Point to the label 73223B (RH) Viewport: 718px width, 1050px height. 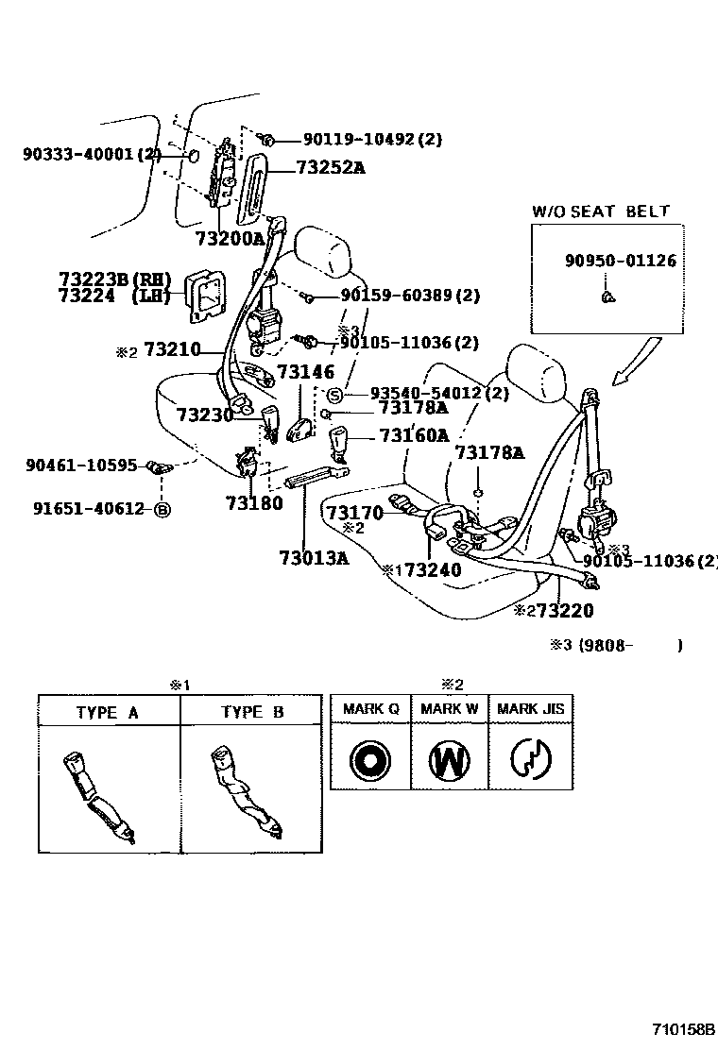point(114,279)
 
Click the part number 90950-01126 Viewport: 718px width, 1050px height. point(621,261)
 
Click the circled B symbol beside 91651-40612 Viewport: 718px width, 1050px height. point(162,510)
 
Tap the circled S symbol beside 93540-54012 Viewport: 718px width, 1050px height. point(333,393)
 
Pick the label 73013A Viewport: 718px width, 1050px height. point(314,557)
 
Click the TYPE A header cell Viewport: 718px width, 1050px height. point(108,712)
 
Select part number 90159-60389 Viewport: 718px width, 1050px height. point(409,296)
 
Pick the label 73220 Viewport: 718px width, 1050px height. point(564,611)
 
